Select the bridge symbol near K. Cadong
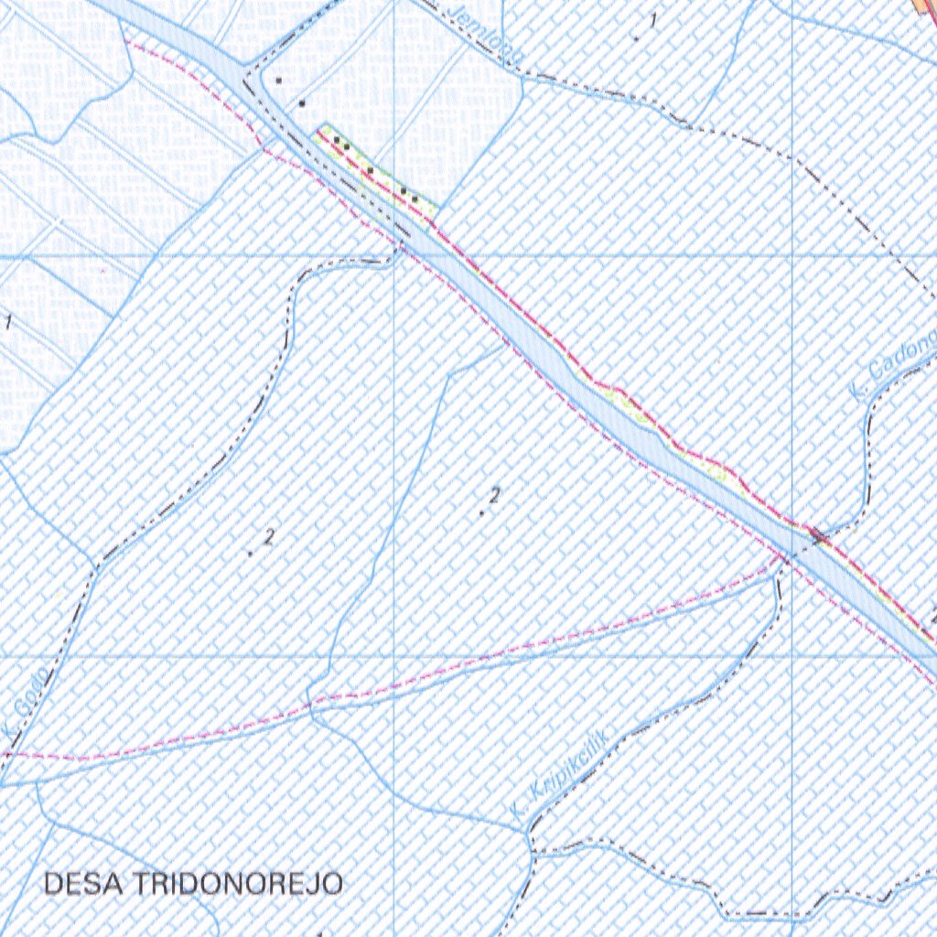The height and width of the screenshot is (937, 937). [818, 537]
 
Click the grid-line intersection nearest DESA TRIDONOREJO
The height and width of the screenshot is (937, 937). [393, 656]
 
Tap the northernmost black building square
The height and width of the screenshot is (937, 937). [277, 81]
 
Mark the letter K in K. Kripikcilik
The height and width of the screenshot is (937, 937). [518, 809]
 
